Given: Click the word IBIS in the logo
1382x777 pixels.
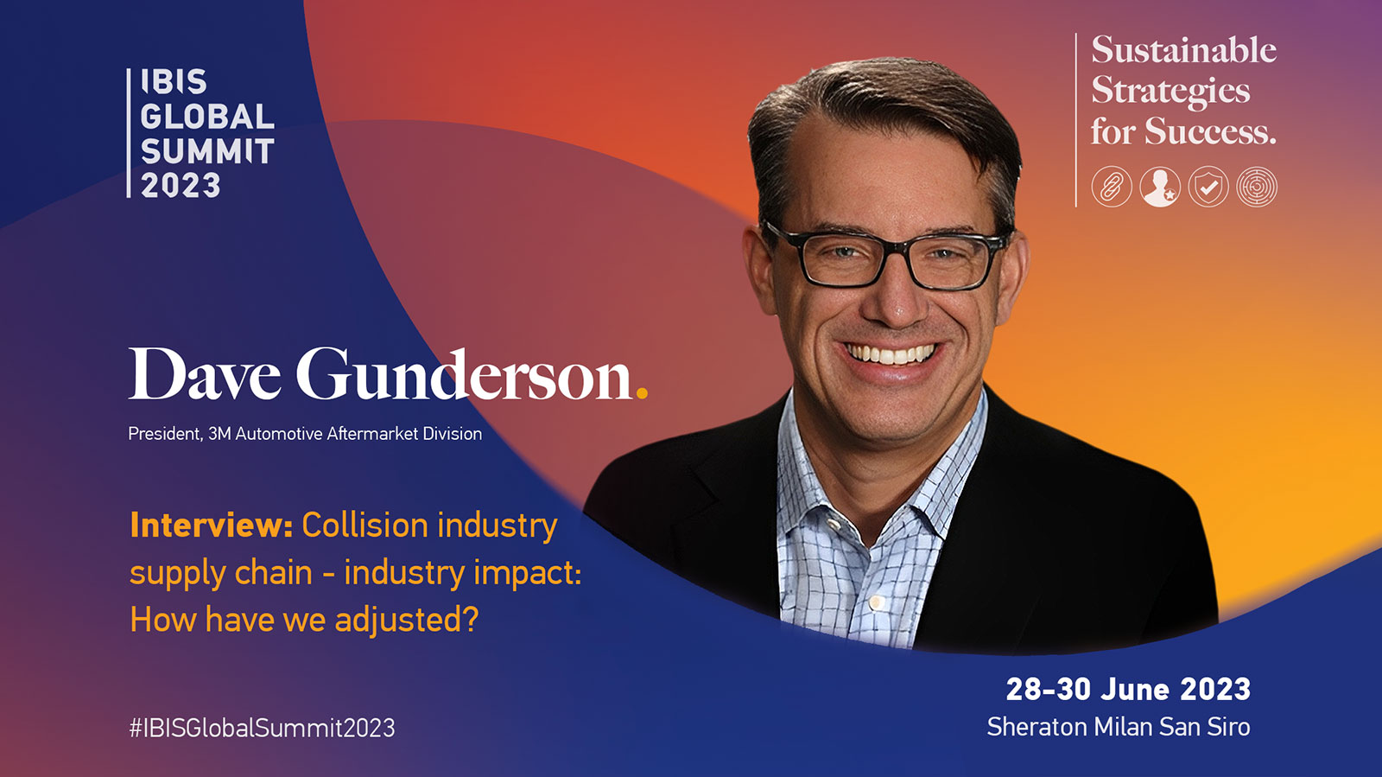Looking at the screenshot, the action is point(174,81).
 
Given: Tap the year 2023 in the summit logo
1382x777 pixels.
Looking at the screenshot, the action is point(181,185).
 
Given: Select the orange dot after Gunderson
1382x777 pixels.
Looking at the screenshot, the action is point(642,392).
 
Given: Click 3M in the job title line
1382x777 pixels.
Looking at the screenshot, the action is point(219,434).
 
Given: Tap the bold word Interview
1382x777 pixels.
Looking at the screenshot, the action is point(211,525).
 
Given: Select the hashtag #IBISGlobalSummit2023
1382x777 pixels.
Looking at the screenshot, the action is point(262,729).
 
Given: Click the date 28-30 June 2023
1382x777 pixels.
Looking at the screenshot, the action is point(1128,690).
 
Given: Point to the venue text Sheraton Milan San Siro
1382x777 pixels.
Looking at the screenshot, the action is point(1119,727).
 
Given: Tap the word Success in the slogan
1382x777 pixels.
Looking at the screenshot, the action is point(1210,131).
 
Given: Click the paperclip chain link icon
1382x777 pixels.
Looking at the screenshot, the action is point(1112,187).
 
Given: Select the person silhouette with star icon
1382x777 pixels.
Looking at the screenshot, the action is point(1160,187).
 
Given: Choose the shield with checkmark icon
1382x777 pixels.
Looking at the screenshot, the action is point(1208,187).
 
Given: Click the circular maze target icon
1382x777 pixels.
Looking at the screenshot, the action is point(1257,187).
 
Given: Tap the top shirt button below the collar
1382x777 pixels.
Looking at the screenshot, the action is point(834,525).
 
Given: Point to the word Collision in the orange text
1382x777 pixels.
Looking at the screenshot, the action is point(365,525).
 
